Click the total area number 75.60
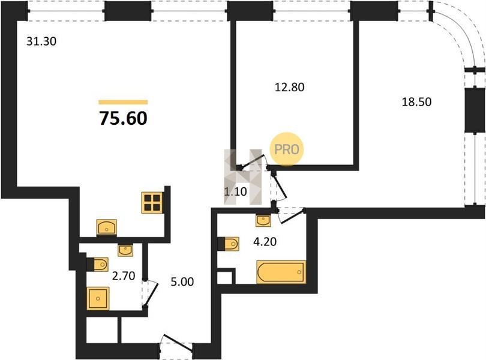(124, 118)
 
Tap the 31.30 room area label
(41, 41)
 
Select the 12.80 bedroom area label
(289, 87)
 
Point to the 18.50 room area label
(416, 102)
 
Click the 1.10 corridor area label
(236, 191)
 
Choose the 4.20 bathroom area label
(265, 241)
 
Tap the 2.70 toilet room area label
(124, 275)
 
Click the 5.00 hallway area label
(182, 281)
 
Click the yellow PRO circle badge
(287, 149)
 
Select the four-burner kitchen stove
(152, 203)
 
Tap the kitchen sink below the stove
(107, 227)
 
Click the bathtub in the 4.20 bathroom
(281, 272)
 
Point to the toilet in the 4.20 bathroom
(229, 244)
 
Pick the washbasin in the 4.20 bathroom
(263, 220)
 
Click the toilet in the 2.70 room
(98, 264)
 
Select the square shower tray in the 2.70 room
(98, 298)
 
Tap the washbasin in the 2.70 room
(125, 250)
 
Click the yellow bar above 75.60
(124, 103)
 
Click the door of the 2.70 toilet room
(151, 293)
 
